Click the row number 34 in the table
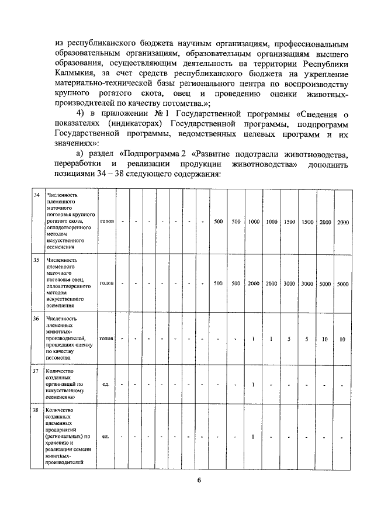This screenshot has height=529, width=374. (36, 195)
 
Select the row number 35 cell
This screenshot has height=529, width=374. (36, 259)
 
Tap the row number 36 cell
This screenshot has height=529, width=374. (36, 319)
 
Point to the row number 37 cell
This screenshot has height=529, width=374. (36, 371)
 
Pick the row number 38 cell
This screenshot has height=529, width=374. (36, 410)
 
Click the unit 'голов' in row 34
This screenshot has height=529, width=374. (107, 222)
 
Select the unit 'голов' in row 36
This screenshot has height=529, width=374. (107, 338)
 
